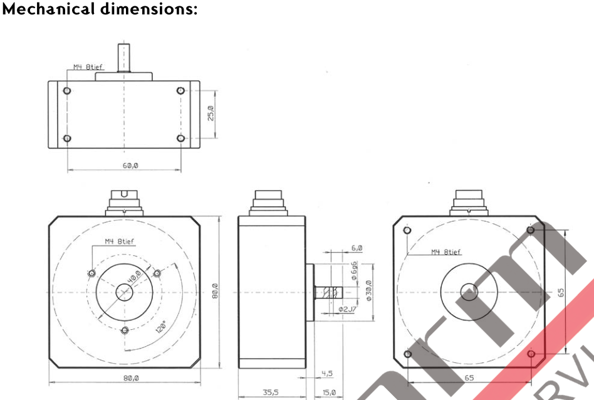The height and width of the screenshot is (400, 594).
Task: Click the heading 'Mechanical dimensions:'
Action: (x=100, y=10)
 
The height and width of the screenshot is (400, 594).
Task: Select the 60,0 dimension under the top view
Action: (x=130, y=165)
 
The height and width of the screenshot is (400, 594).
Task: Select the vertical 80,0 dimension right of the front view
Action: (x=214, y=292)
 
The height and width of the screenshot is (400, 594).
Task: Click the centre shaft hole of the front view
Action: (x=124, y=292)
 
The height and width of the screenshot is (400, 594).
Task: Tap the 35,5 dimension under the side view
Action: (x=270, y=392)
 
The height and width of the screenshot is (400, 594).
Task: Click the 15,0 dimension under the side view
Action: (x=329, y=392)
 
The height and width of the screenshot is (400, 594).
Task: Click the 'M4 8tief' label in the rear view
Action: (x=445, y=252)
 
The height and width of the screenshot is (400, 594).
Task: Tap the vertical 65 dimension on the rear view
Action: (x=562, y=292)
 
